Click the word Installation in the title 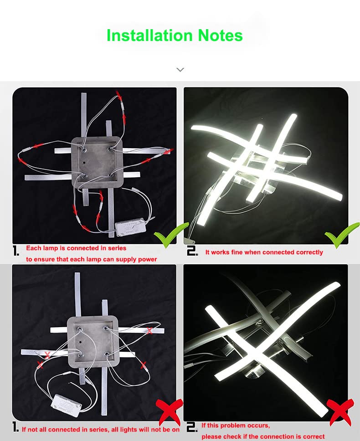[x=149, y=36]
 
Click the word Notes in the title [x=220, y=36]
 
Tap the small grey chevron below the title [x=180, y=69]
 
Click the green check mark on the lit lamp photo [x=342, y=235]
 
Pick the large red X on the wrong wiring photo [x=170, y=412]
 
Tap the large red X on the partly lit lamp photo [x=340, y=412]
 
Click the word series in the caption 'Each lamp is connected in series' [x=117, y=248]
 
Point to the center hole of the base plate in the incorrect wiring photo [x=81, y=342]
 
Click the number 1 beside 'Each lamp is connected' [x=16, y=251]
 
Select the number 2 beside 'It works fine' [x=192, y=251]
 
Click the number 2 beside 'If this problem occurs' [x=192, y=427]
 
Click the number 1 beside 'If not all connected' [x=16, y=427]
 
